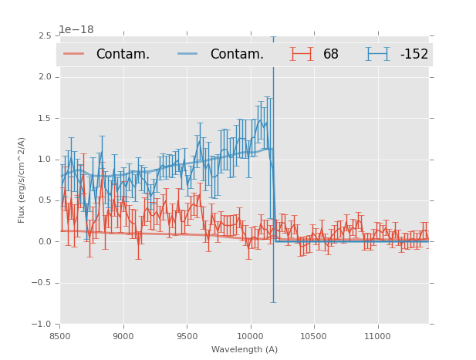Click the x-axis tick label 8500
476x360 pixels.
(x=60, y=336)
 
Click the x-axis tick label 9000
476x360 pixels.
(x=123, y=336)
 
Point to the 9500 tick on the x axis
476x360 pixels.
(x=187, y=336)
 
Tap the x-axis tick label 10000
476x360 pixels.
(x=250, y=336)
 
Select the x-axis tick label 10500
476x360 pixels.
(x=313, y=336)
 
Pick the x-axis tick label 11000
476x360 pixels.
(x=377, y=336)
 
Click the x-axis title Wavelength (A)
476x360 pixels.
(x=245, y=349)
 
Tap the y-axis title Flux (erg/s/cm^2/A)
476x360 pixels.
(x=22, y=180)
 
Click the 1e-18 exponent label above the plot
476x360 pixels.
(x=76, y=30)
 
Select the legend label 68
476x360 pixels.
(x=331, y=55)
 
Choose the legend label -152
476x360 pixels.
(x=414, y=55)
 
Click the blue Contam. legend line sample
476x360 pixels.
(x=189, y=54)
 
